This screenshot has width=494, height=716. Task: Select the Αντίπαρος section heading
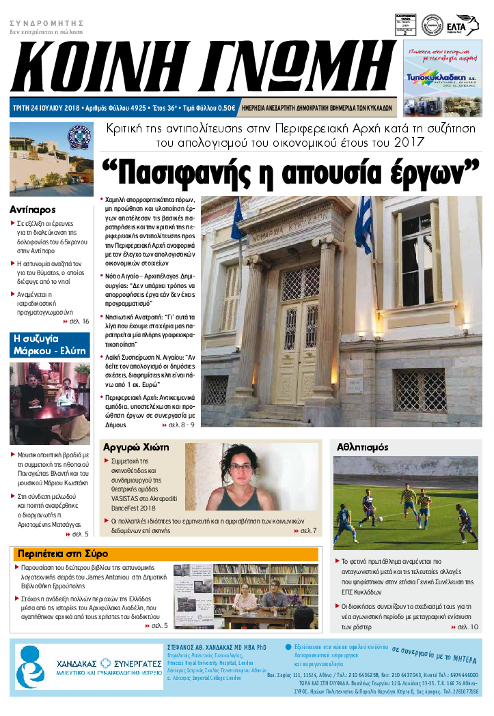click(33, 209)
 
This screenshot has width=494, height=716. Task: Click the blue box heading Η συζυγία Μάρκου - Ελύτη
click(50, 345)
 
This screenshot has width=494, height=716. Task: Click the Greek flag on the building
click(362, 225)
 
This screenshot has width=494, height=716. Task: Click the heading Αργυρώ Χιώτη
click(135, 448)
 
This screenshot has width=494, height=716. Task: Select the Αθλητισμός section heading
click(363, 447)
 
